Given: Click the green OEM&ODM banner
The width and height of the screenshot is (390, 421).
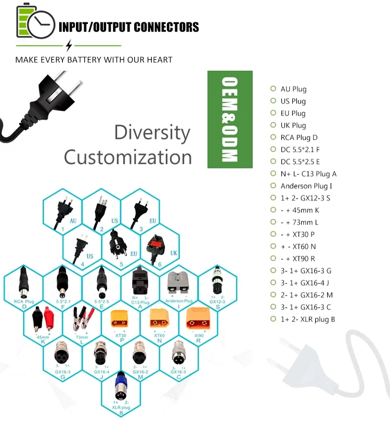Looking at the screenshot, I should coord(230,120).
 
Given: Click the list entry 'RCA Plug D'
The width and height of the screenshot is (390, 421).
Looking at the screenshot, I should coord(298,137).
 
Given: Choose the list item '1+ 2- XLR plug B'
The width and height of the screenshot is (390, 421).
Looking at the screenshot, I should coord(308,319).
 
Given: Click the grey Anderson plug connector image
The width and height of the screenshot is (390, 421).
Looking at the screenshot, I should coord(178,283).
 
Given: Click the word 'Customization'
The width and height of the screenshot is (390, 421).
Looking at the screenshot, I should coord(128,156).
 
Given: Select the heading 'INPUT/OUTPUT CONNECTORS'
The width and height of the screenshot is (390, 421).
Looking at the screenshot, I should coord(128,27).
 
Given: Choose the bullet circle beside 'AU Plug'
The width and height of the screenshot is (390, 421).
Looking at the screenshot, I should coord(273,89).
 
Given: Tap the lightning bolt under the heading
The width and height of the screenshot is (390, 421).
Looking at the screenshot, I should coord(69,45).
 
